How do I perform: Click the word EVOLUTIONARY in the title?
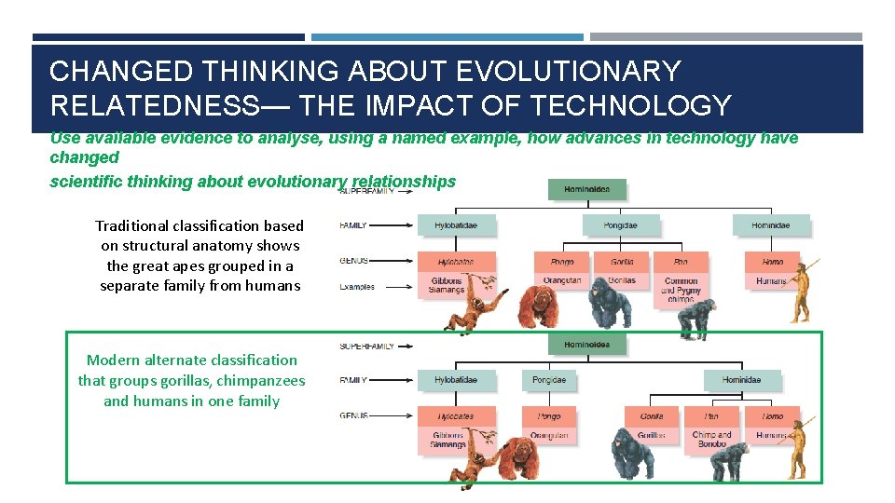(571, 70)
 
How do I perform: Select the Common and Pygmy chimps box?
(681, 290)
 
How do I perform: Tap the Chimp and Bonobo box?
(712, 439)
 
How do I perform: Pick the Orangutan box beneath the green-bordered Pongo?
(549, 435)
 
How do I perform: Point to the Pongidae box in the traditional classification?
(621, 224)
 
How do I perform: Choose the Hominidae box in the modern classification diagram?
(741, 380)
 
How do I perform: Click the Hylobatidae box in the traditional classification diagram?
(456, 224)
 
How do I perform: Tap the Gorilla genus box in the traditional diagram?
(621, 262)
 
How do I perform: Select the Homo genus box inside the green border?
(773, 416)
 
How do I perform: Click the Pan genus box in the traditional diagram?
(681, 262)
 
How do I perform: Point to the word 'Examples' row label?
(357, 287)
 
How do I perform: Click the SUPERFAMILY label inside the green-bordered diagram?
(366, 346)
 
